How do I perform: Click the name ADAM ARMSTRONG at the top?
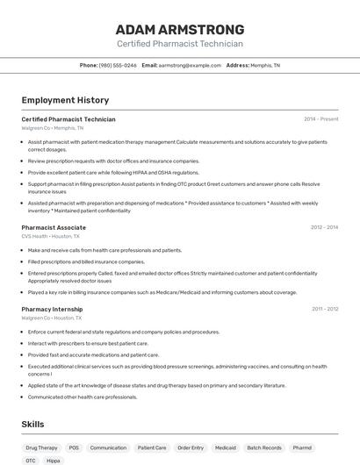(180, 29)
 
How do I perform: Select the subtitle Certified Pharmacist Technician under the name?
(180, 43)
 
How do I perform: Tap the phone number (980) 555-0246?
(118, 65)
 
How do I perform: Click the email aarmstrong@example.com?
(190, 65)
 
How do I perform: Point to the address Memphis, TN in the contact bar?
(264, 65)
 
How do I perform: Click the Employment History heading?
(65, 100)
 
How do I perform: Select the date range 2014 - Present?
(320, 119)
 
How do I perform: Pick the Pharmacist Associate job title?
(54, 227)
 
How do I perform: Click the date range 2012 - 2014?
(324, 227)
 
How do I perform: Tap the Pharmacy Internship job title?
(52, 309)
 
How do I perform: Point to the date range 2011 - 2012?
(325, 309)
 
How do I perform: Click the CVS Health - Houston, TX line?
(50, 236)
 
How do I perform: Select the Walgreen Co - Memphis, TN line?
(53, 128)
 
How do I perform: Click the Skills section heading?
(32, 424)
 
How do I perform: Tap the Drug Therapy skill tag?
(41, 447)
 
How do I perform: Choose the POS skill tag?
(74, 447)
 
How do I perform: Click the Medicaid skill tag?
(226, 447)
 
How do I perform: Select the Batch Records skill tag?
(264, 447)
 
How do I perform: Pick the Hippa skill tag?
(54, 461)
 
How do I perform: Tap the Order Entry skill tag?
(191, 447)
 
